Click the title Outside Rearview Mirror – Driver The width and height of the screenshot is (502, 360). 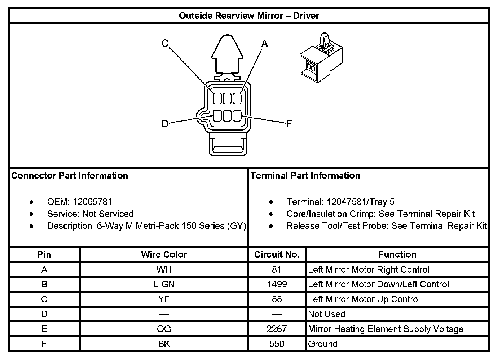tap(249, 16)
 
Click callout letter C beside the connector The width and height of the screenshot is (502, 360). tap(165, 44)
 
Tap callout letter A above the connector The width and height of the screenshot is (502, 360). tap(265, 44)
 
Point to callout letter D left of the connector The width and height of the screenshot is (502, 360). tap(165, 124)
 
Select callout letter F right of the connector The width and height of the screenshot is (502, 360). tap(289, 124)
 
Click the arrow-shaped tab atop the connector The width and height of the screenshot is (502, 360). tap(226, 54)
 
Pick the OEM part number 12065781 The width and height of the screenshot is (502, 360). tap(92, 202)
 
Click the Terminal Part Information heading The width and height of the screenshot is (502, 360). tap(305, 176)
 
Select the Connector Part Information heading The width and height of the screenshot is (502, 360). tap(70, 176)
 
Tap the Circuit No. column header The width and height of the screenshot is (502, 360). tap(277, 254)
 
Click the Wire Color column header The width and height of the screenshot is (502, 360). tap(164, 254)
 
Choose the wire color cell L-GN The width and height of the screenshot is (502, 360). tap(164, 284)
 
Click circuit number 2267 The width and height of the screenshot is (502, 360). tap(277, 329)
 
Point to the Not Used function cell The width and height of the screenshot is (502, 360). tap(326, 314)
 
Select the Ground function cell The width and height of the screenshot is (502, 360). tap(323, 344)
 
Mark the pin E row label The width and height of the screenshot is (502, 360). tap(44, 329)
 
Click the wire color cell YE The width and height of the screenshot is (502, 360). tap(164, 299)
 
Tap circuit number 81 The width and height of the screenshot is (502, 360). tap(277, 269)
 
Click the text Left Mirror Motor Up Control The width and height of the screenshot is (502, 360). tap(364, 299)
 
